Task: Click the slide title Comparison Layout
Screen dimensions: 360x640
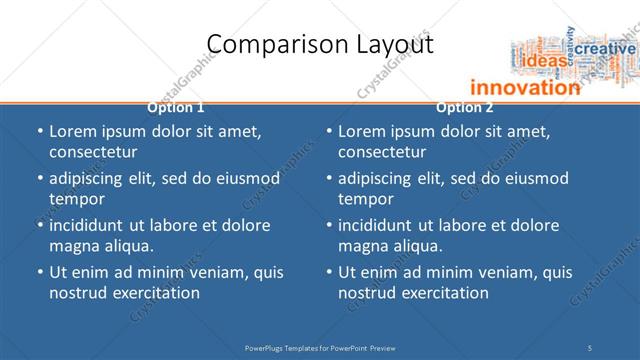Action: (x=319, y=44)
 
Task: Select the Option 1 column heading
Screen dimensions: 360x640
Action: (x=176, y=107)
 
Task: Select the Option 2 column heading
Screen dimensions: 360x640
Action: (x=465, y=107)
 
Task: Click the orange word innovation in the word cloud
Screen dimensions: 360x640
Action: (x=525, y=87)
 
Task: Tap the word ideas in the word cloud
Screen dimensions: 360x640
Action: (x=545, y=61)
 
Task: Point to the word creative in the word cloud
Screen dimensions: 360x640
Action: (x=604, y=48)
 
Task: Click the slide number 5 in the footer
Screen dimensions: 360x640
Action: (x=591, y=347)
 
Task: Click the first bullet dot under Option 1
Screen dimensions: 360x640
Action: (x=40, y=132)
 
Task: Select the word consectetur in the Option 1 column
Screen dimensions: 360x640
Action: (x=93, y=152)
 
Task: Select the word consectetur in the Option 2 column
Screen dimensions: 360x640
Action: (x=382, y=152)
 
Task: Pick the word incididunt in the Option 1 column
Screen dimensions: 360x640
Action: (x=92, y=225)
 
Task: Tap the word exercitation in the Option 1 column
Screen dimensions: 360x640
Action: (x=155, y=293)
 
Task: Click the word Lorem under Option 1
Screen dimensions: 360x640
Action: (x=72, y=132)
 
